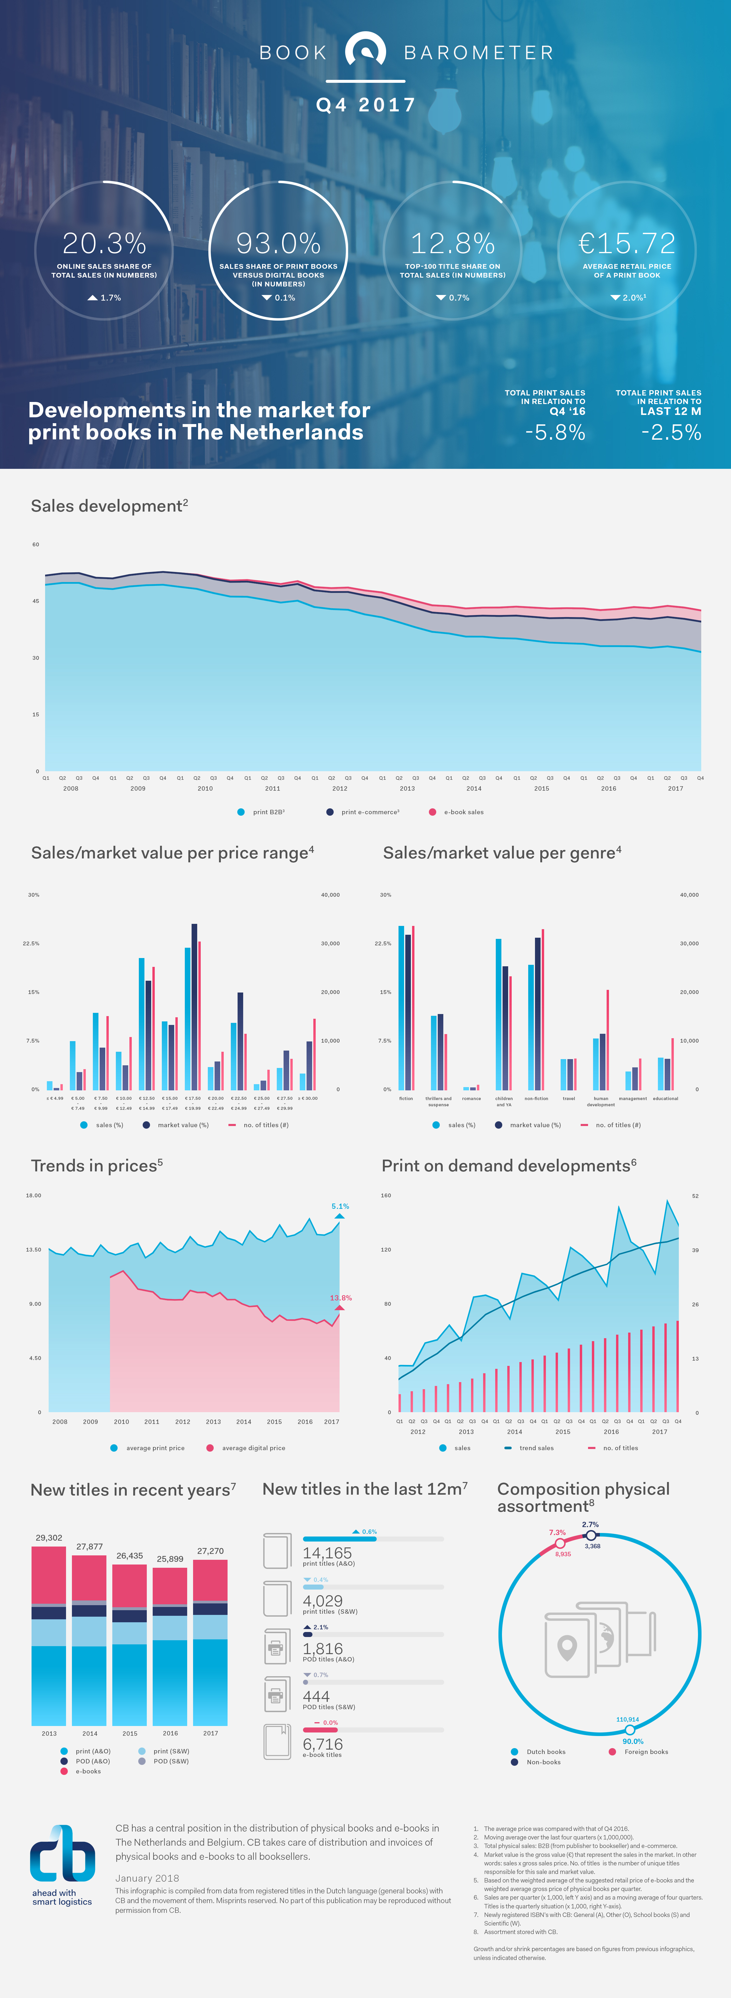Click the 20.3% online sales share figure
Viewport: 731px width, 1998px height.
click(x=104, y=243)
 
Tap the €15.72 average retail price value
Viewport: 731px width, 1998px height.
click(x=627, y=243)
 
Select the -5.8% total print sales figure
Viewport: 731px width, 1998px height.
click(x=555, y=432)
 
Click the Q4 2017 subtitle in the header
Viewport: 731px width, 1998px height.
click(x=365, y=105)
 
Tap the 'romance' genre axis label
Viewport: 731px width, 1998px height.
click(x=471, y=1098)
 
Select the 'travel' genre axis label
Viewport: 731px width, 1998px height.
click(x=569, y=1098)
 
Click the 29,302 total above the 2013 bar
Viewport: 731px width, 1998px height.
click(x=49, y=1537)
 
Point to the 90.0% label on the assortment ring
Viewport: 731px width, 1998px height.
click(x=633, y=1741)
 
